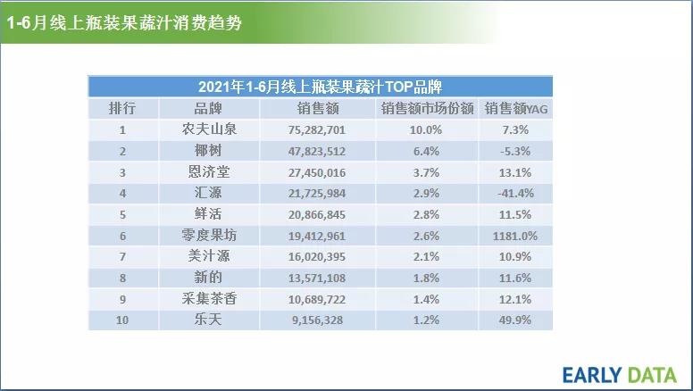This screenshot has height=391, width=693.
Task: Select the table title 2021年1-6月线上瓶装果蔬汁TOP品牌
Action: click(320, 87)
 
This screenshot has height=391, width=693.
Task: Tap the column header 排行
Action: click(122, 109)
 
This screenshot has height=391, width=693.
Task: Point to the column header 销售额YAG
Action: click(517, 109)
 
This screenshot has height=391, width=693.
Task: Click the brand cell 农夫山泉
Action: click(208, 129)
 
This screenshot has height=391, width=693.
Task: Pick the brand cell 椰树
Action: click(208, 151)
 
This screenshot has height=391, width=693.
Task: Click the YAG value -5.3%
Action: click(517, 151)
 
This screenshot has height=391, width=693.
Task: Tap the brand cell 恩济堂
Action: click(208, 171)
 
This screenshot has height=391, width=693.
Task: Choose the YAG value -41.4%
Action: click(517, 193)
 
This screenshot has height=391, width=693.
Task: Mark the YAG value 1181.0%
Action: click(517, 236)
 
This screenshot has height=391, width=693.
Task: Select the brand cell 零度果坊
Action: click(208, 235)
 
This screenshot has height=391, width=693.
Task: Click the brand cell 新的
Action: click(208, 277)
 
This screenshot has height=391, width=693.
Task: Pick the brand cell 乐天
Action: click(208, 319)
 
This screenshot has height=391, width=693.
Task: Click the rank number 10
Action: click(122, 320)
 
